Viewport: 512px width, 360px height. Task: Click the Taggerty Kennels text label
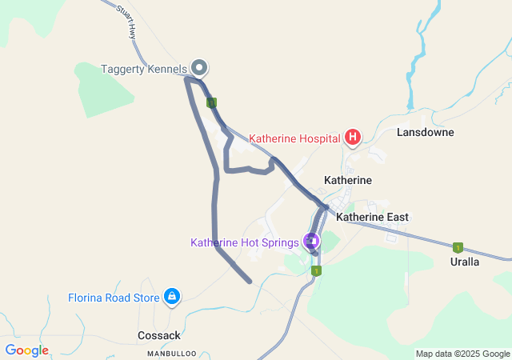pos(144,69)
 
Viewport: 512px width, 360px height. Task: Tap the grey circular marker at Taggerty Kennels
pos(199,68)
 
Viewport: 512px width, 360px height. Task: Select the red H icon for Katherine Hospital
pos(353,138)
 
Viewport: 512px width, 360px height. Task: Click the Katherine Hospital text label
pos(295,138)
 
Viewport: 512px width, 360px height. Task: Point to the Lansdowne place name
pos(426,132)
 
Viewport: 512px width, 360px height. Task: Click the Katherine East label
pos(372,217)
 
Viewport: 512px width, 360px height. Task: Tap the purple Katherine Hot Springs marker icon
pos(311,241)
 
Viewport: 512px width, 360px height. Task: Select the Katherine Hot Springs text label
pos(245,242)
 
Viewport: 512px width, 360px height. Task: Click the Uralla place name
pos(465,262)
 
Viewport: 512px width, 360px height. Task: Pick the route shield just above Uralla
pos(458,248)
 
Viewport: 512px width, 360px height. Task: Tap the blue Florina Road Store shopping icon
pos(171,297)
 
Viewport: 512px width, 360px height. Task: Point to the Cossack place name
pos(158,334)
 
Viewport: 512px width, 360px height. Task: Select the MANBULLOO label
pos(172,353)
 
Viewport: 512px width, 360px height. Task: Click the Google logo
pos(27,350)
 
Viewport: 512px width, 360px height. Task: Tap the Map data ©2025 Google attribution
pos(462,354)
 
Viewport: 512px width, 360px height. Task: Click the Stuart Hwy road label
pos(127,23)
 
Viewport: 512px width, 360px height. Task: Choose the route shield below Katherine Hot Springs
pos(317,271)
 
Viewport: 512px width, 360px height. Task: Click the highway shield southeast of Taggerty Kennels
pos(211,102)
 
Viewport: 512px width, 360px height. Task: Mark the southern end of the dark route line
pos(250,282)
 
